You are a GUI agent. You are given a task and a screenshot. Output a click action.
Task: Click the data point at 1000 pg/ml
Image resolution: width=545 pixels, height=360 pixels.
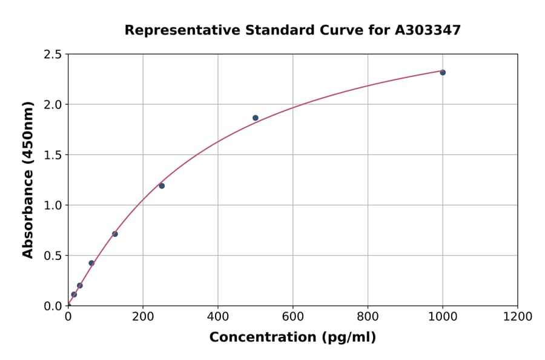(443, 72)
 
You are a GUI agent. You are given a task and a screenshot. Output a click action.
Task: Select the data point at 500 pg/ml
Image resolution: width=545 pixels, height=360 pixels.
(256, 118)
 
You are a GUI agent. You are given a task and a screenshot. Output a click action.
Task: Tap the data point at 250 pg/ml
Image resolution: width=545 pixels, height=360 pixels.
(162, 185)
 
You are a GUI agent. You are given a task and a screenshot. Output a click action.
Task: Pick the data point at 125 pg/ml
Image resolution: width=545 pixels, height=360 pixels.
(115, 234)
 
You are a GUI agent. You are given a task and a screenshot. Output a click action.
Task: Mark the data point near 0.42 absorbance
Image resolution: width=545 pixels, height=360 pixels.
(91, 263)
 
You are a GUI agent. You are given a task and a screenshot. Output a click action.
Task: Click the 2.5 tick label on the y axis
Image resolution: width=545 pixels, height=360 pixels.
(53, 55)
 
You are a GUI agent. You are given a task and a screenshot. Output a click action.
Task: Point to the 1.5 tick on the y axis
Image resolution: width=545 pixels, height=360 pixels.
(53, 155)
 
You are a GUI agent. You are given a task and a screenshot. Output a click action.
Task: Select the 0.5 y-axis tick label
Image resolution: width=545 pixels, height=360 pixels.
(53, 256)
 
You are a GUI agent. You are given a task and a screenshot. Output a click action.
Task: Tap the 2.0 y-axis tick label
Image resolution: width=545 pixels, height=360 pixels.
(53, 105)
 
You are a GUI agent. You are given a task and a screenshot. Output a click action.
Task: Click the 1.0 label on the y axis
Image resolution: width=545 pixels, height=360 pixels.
(53, 205)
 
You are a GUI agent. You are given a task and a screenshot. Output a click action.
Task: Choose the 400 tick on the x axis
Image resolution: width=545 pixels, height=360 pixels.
(218, 317)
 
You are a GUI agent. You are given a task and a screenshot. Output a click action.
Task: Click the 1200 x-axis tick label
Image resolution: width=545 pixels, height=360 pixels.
(518, 317)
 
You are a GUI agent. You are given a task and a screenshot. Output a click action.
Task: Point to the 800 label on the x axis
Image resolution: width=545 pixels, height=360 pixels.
(368, 317)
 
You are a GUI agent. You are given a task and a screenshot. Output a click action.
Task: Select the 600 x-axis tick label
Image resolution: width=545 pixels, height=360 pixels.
(293, 317)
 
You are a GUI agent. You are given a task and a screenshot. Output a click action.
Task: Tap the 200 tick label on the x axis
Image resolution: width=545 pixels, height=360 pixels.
(143, 317)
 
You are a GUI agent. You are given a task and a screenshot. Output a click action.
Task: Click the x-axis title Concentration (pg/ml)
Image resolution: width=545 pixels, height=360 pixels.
(292, 338)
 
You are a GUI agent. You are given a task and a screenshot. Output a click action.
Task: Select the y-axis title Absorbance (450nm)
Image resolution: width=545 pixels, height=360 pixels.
(28, 180)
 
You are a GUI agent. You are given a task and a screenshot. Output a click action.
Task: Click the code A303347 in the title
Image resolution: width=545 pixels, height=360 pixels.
(428, 30)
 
